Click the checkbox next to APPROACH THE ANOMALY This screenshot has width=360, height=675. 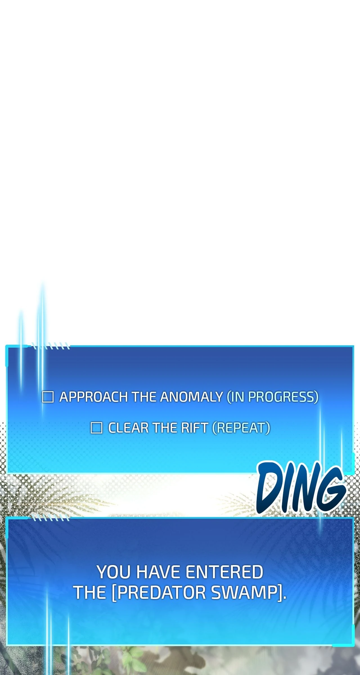pyautogui.click(x=48, y=397)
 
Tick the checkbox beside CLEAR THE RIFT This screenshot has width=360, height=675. pyautogui.click(x=96, y=428)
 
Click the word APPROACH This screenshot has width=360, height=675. pyautogui.click(x=94, y=397)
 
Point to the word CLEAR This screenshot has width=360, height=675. pyautogui.click(x=129, y=428)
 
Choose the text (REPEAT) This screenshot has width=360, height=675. pyautogui.click(x=241, y=428)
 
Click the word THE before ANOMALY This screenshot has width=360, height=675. pyautogui.click(x=144, y=397)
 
